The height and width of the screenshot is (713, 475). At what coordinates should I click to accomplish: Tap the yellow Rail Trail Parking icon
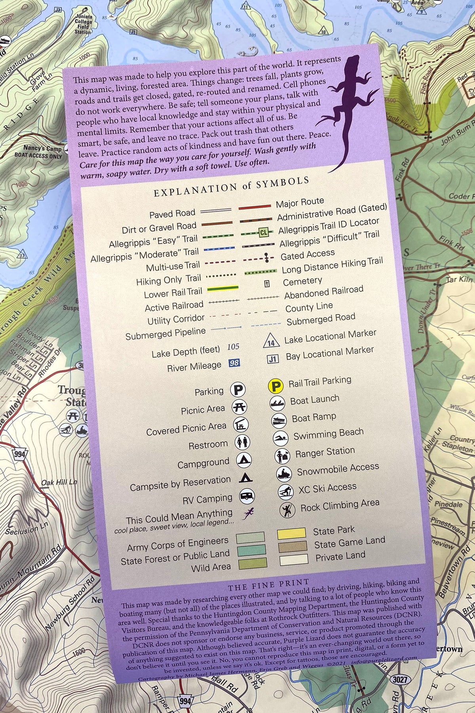tap(275, 386)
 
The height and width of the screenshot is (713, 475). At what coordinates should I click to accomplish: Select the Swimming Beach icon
tap(280, 438)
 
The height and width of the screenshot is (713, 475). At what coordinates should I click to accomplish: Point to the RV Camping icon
tap(247, 496)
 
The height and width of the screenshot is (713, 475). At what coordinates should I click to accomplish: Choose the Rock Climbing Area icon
tap(287, 509)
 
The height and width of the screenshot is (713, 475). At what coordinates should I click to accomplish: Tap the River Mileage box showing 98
tap(234, 363)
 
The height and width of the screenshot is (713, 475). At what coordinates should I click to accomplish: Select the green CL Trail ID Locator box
tap(263, 233)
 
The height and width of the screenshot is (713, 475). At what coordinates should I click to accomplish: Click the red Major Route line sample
tap(255, 207)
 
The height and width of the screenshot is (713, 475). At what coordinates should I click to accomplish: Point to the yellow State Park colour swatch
tap(291, 533)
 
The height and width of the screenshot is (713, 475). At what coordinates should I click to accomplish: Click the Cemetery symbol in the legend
tap(267, 284)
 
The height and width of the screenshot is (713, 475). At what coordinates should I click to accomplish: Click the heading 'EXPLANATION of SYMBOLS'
tap(231, 187)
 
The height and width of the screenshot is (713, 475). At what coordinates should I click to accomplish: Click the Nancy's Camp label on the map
tap(42, 149)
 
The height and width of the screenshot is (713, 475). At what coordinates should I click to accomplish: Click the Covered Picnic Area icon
tap(241, 424)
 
